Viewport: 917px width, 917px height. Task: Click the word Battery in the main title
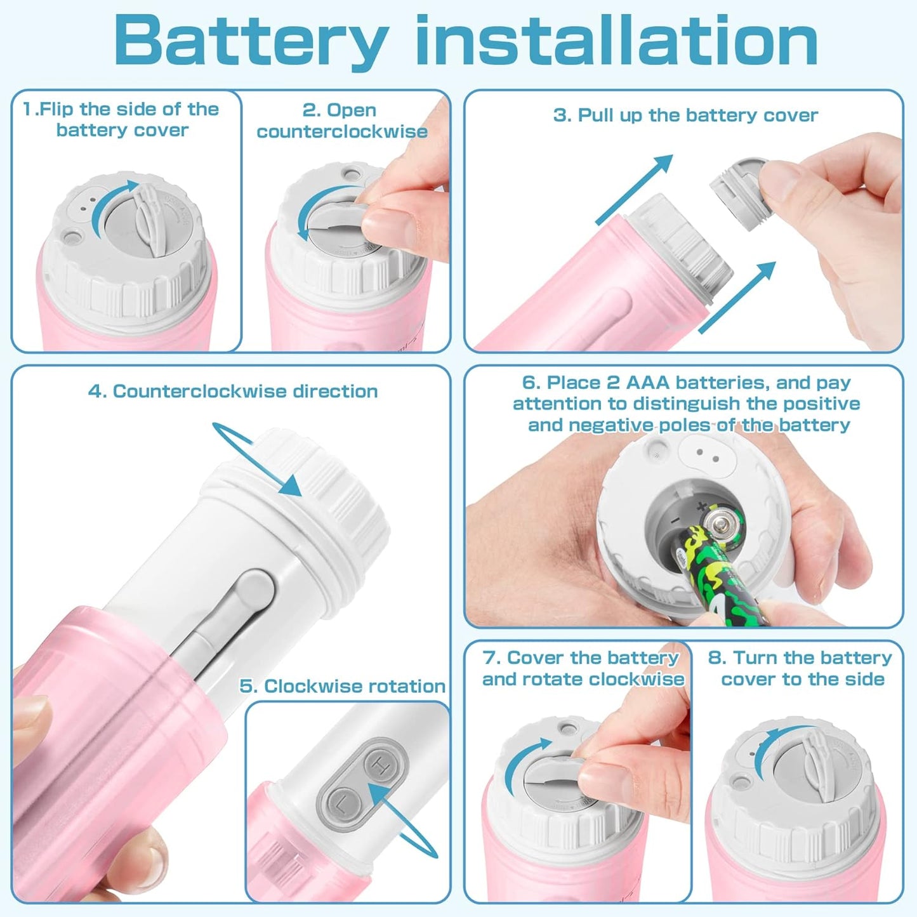pyautogui.click(x=251, y=41)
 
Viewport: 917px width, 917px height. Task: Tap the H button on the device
pyautogui.click(x=381, y=767)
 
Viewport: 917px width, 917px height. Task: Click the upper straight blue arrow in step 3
pyautogui.click(x=635, y=188)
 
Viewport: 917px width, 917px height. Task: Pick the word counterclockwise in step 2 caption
pyautogui.click(x=342, y=131)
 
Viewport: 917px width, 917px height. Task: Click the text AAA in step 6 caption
pyautogui.click(x=647, y=383)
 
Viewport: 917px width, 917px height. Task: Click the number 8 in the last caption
pyautogui.click(x=716, y=657)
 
